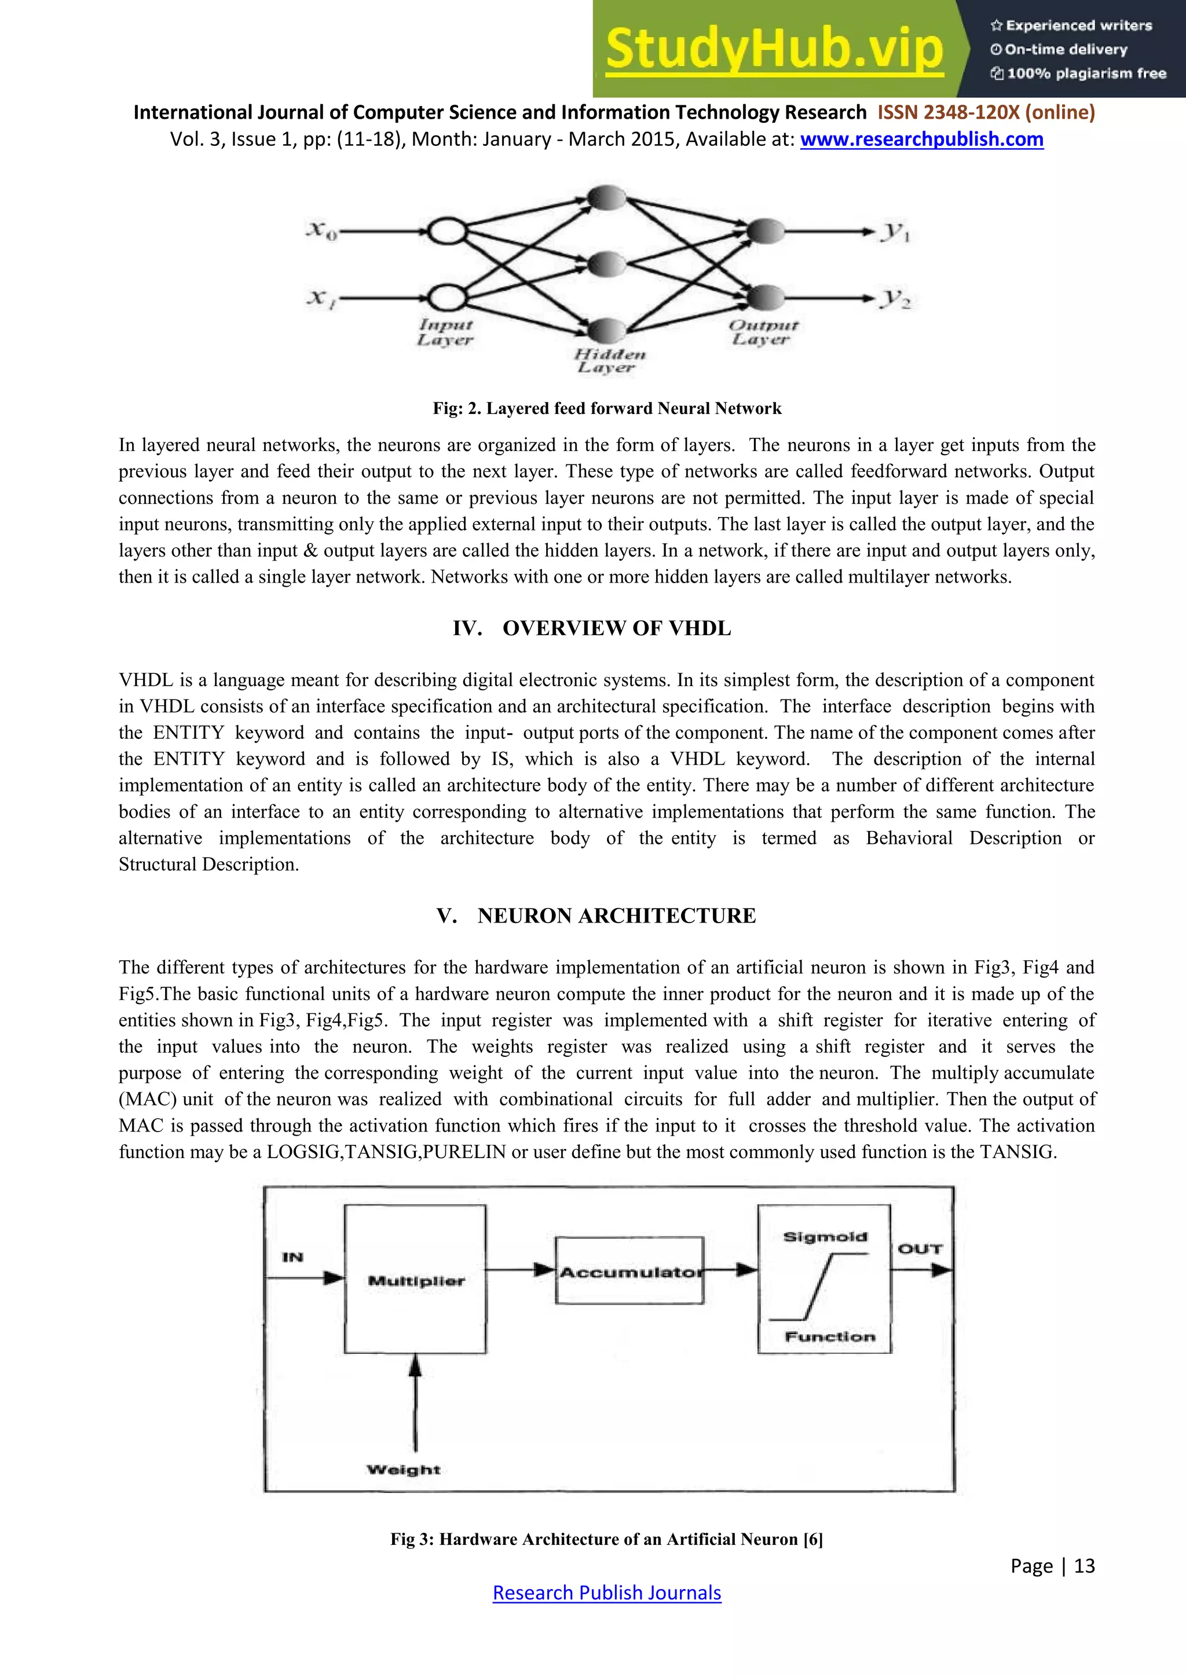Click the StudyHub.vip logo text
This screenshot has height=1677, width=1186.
774,49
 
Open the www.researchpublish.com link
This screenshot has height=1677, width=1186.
921,139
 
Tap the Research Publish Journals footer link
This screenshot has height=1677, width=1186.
607,1592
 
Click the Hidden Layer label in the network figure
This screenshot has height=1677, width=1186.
609,361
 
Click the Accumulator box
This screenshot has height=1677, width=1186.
629,1271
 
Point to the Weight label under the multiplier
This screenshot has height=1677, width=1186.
404,1470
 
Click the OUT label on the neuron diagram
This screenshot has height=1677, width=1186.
920,1249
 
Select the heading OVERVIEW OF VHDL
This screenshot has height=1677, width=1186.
616,628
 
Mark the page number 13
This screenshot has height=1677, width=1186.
1085,1566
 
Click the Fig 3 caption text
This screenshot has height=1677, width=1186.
606,1540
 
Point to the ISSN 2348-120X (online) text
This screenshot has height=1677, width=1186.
986,112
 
